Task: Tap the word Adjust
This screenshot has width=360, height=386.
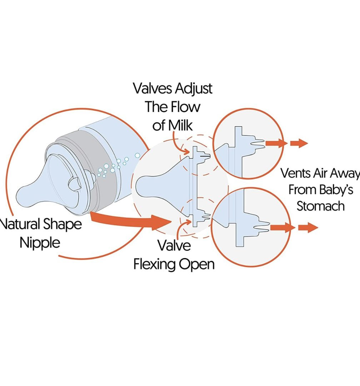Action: [195, 89]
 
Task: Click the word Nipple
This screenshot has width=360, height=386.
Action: [40, 243]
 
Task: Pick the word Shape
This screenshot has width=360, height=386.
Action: [62, 225]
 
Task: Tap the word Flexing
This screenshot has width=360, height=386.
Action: [154, 264]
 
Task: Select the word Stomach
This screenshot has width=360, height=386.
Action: [320, 206]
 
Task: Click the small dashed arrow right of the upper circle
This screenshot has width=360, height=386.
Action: [299, 144]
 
